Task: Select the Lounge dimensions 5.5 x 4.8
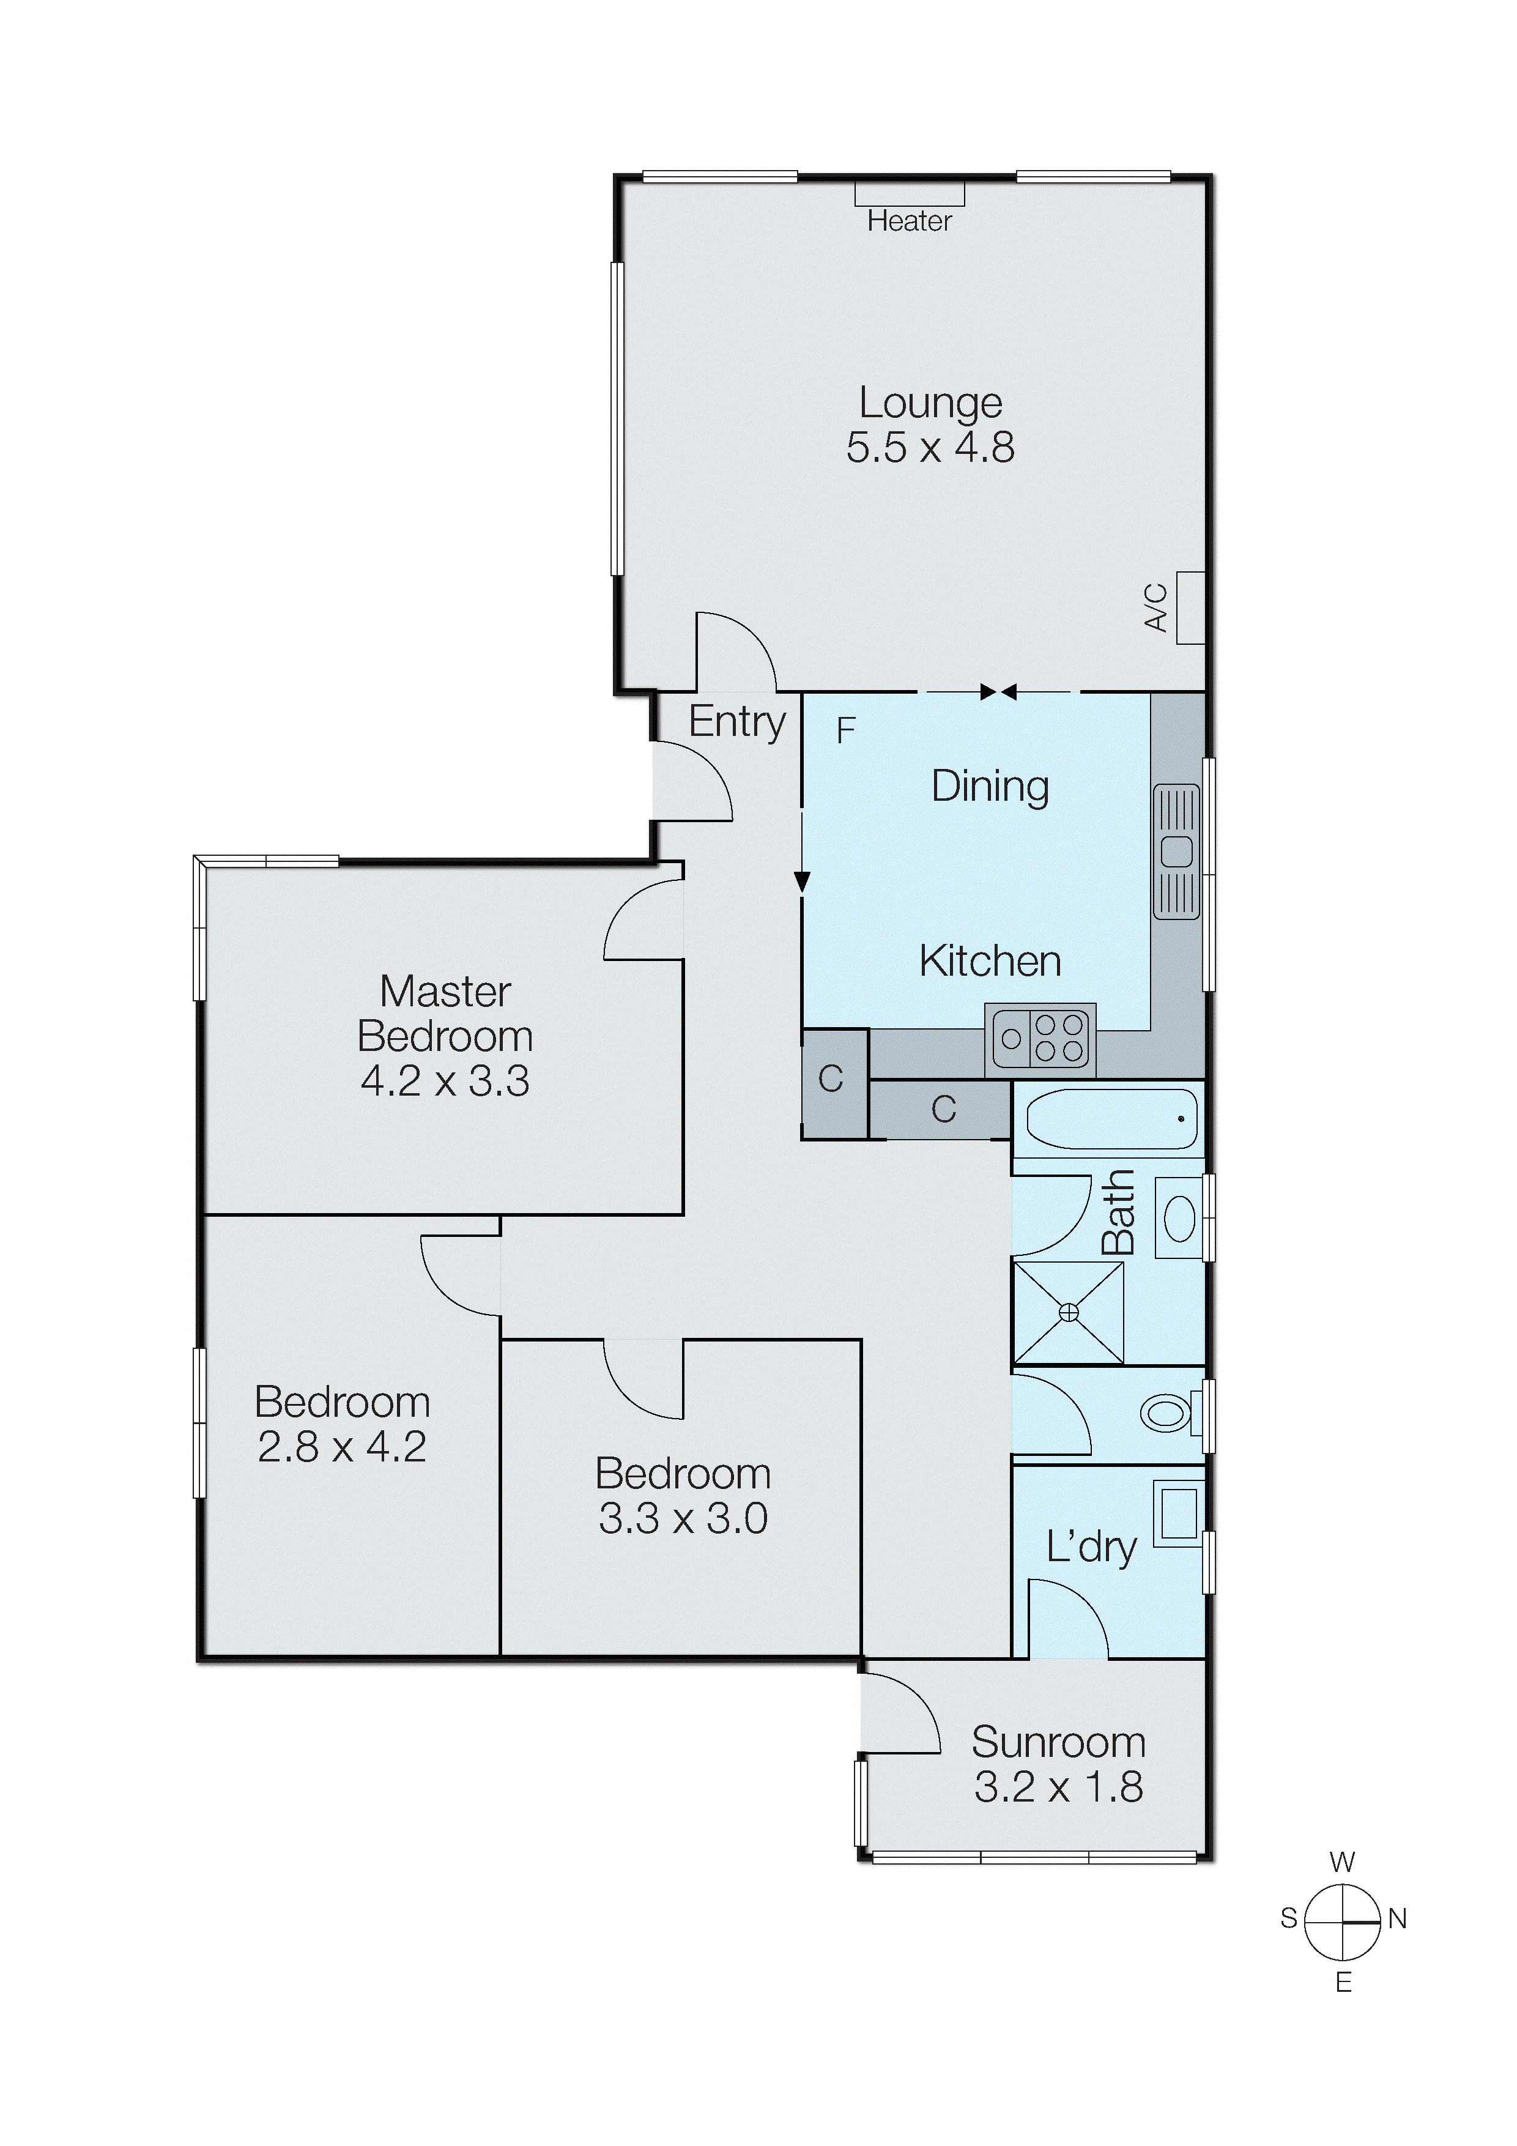[930, 448]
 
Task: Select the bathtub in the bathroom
[1110, 1119]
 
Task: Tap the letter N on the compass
[1396, 1920]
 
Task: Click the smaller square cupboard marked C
[831, 1080]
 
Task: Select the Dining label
[990, 786]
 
